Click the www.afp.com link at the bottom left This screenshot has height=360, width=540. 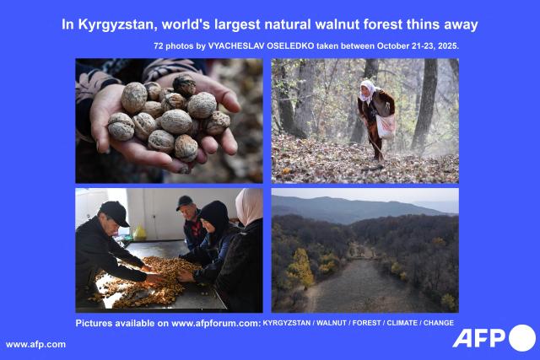click(x=35, y=344)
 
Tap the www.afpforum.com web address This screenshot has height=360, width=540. click(x=215, y=323)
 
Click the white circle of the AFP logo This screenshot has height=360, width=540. click(x=521, y=337)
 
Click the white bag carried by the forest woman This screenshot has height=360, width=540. click(x=386, y=126)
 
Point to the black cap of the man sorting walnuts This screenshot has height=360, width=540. click(x=113, y=211)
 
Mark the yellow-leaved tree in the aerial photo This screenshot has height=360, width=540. click(x=301, y=267)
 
